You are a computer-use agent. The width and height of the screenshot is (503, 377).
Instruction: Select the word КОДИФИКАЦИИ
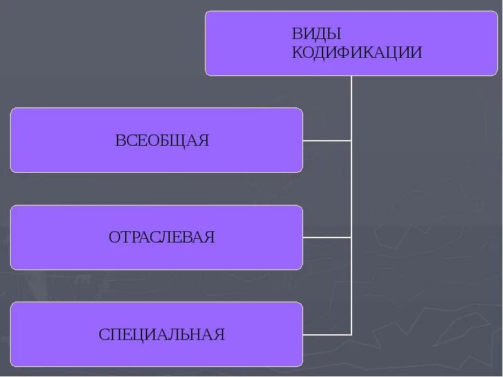(357, 52)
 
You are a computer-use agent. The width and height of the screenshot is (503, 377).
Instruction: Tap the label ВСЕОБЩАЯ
(162, 140)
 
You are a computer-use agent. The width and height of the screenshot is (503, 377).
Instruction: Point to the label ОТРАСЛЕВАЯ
(162, 237)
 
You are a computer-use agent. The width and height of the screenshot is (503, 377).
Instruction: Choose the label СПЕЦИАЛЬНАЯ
(162, 334)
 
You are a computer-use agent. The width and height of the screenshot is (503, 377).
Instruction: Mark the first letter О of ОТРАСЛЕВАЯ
(114, 237)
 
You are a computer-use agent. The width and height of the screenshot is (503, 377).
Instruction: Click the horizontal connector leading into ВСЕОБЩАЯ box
(327, 140)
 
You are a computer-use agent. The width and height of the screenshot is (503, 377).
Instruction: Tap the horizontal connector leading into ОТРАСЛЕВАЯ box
(327, 238)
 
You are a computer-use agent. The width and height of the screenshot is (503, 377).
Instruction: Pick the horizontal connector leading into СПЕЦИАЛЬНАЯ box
(327, 334)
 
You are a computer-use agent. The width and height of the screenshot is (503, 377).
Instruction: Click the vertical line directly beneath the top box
(351, 107)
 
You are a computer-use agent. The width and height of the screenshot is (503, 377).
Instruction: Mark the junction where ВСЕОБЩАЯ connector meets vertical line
(351, 140)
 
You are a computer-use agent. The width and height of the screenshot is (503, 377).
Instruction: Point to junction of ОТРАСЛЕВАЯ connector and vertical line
(351, 238)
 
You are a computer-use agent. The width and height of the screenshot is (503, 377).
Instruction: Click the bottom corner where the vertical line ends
(351, 334)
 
